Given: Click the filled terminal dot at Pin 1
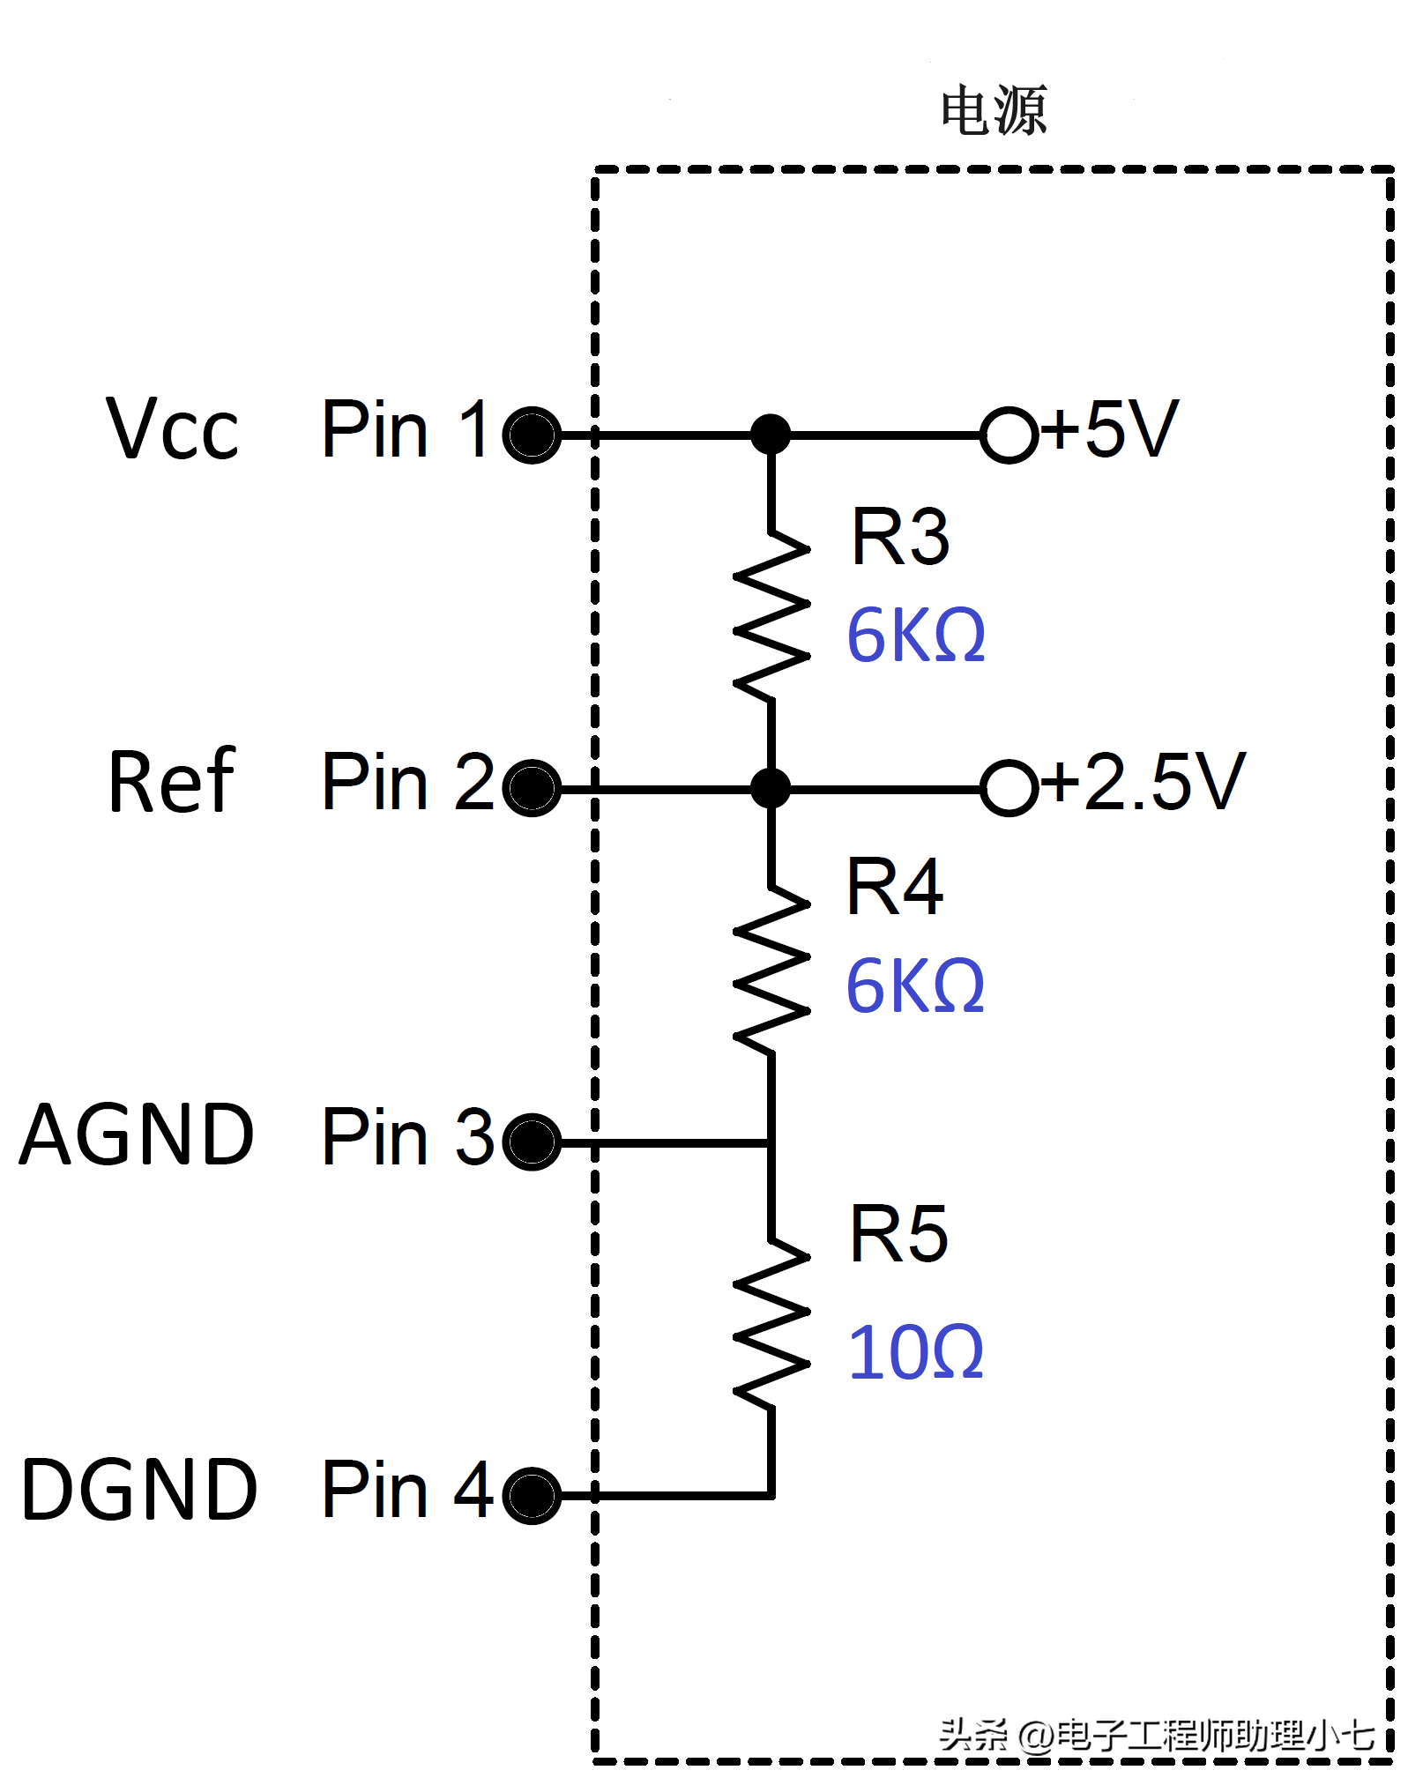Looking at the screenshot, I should [532, 435].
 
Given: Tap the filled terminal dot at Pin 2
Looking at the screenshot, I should [532, 787].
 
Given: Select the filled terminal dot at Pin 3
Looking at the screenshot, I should [532, 1142].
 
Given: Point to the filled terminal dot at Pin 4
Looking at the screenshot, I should [532, 1495].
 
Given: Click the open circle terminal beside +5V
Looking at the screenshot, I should [1009, 435].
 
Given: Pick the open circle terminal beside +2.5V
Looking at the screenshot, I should [1009, 787].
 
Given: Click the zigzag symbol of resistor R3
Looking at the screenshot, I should [771, 617].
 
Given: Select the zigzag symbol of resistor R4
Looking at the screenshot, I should [771, 970].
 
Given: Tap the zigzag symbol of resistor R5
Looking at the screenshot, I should [771, 1322].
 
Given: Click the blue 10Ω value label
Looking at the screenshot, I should [915, 1352].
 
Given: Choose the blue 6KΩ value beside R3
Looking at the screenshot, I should [915, 635].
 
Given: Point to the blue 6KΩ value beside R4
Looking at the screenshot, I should [915, 985].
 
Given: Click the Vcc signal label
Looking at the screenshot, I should [172, 429].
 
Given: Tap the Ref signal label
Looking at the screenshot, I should [172, 782].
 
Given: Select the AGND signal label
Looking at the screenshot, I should [137, 1135].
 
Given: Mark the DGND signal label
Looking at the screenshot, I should [139, 1490].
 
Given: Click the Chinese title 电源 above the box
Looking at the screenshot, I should [994, 111].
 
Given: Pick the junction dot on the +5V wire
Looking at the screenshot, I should [771, 435].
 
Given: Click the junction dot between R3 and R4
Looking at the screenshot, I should [771, 787].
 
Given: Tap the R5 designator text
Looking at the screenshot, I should [898, 1234].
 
